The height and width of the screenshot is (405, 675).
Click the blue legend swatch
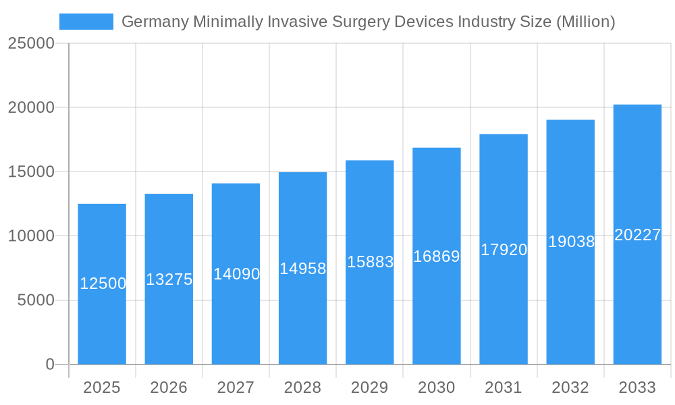pyautogui.click(x=86, y=22)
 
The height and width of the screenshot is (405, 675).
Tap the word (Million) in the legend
pyautogui.click(x=585, y=22)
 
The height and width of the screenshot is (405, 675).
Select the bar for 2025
pyautogui.click(x=102, y=317)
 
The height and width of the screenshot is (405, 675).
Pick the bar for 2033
pyautogui.click(x=637, y=304)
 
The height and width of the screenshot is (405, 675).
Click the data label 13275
pyautogui.click(x=169, y=279)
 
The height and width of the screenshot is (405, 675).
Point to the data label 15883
pyautogui.click(x=370, y=262)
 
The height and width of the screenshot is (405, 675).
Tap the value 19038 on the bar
pyautogui.click(x=571, y=242)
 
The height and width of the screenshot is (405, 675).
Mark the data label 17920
pyautogui.click(x=504, y=250)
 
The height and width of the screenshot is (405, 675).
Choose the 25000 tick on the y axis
pyautogui.click(x=31, y=43)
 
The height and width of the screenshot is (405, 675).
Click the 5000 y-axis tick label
pyautogui.click(x=36, y=300)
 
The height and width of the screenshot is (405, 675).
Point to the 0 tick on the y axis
pyautogui.click(x=50, y=364)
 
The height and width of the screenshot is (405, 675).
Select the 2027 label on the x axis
pyautogui.click(x=236, y=387)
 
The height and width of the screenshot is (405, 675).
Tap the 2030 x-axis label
pyautogui.click(x=437, y=387)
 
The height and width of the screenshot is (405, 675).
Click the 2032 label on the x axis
pyautogui.click(x=570, y=387)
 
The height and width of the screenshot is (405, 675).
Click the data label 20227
pyautogui.click(x=637, y=235)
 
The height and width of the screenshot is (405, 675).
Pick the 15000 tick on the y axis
pyautogui.click(x=31, y=172)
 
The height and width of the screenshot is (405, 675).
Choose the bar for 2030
pyautogui.click(x=437, y=310)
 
